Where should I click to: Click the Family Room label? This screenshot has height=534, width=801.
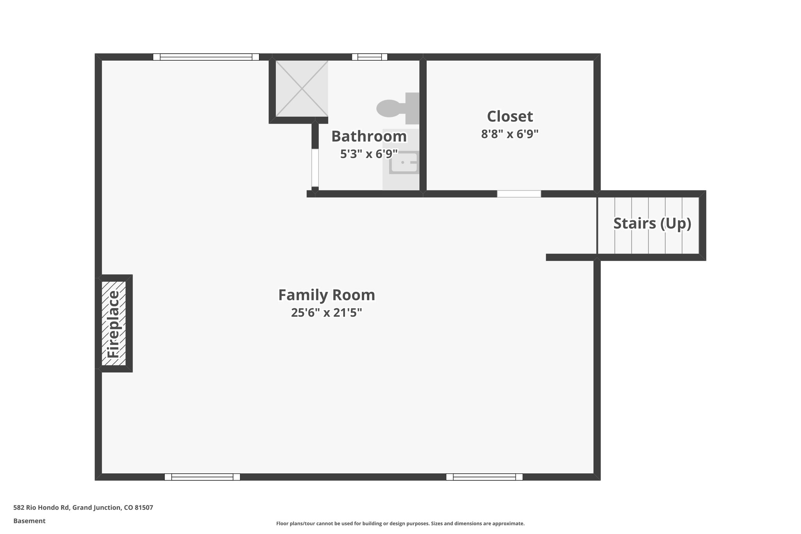(327, 295)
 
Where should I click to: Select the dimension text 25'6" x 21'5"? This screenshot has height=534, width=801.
(327, 313)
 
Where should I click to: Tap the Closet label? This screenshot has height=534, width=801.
(510, 117)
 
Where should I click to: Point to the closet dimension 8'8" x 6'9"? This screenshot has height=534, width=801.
(510, 134)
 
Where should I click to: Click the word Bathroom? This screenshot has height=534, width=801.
(369, 137)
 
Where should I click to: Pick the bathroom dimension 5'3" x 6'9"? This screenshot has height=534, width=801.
(369, 154)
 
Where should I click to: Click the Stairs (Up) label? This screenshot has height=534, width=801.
(652, 223)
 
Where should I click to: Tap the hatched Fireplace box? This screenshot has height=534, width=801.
(114, 324)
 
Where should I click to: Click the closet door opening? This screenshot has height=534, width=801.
(519, 194)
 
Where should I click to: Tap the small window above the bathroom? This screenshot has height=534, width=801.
(370, 57)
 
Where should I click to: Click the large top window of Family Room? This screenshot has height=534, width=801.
(206, 57)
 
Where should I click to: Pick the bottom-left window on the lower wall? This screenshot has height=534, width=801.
(202, 477)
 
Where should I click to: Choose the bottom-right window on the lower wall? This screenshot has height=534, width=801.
(484, 477)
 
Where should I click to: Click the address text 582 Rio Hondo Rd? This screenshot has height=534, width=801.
(83, 508)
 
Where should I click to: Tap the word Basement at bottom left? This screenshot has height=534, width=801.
(29, 521)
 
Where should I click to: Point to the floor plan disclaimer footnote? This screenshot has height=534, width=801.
(400, 523)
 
